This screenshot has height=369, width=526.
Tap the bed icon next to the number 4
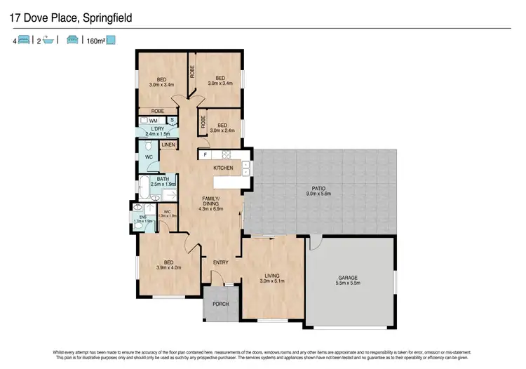pos(23,41)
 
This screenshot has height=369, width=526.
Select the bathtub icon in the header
pos(48,41)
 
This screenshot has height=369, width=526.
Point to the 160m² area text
pos(95,41)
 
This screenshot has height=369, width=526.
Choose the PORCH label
pos(221,304)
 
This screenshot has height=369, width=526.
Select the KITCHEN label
pos(223,168)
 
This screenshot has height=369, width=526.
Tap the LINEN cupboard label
pos(168,145)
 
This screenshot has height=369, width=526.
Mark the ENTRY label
pos(221,262)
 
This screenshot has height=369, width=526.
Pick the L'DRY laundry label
pos(156,129)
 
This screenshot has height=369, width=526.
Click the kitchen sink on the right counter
pos(245,168)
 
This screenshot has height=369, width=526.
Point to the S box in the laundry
pos(172,121)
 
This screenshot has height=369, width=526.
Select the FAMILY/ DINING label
pos(211,204)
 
